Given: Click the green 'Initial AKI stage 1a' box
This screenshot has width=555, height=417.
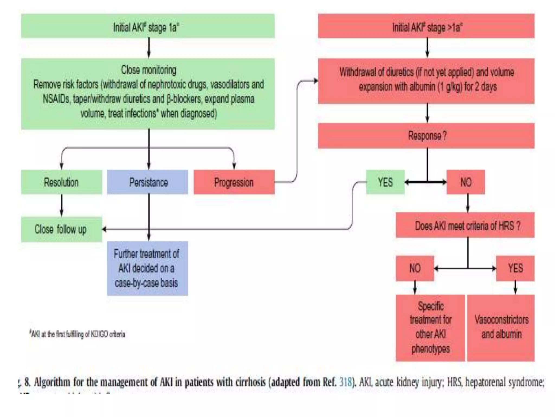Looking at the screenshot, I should pyautogui.click(x=148, y=26).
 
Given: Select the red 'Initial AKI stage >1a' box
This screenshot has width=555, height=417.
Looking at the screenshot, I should pyautogui.click(x=426, y=26).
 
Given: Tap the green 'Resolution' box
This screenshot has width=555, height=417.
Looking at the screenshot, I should pyautogui.click(x=62, y=182).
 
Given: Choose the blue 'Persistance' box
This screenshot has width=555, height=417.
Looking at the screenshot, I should pyautogui.click(x=148, y=182).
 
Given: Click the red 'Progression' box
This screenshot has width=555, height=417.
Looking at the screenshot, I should pyautogui.click(x=234, y=182).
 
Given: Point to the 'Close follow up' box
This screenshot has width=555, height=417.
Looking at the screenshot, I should pyautogui.click(x=61, y=229).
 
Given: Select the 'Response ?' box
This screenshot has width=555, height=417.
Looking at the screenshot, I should pyautogui.click(x=426, y=136).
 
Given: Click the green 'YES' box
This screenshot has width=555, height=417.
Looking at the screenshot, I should pyautogui.click(x=385, y=182).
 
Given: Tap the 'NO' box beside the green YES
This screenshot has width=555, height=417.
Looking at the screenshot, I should pyautogui.click(x=466, y=182).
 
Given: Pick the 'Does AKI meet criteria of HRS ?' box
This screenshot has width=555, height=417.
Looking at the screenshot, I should pyautogui.click(x=465, y=225).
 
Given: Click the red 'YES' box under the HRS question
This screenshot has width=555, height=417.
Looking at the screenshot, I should pyautogui.click(x=515, y=268).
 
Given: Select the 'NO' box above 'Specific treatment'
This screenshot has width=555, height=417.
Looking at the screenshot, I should pyautogui.click(x=415, y=268).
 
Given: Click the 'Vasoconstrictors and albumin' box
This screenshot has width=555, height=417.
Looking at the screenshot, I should pyautogui.click(x=501, y=327).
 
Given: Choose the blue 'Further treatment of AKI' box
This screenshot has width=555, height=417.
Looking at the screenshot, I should pyautogui.click(x=147, y=268).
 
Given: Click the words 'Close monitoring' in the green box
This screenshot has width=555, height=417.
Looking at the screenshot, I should pyautogui.click(x=149, y=70).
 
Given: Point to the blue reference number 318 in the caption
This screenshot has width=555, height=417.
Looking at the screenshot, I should pyautogui.click(x=345, y=382).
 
